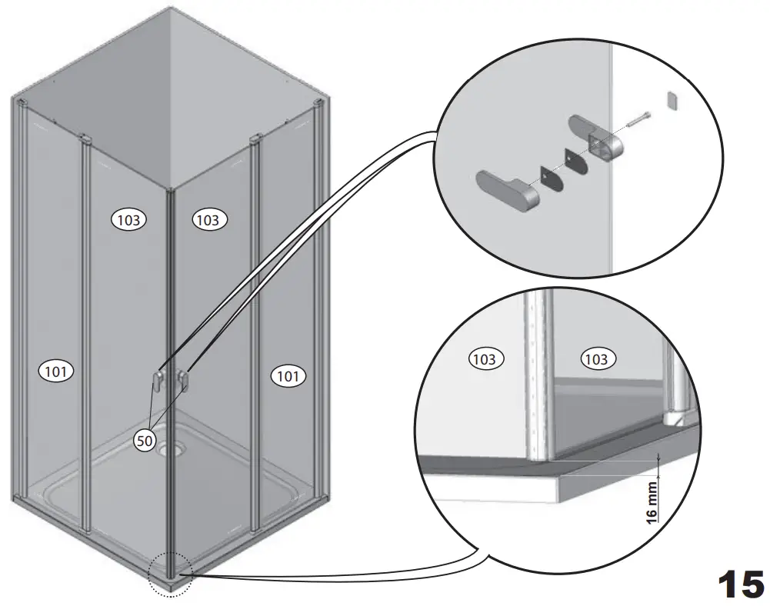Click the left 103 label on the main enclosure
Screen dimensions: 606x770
[x=129, y=220]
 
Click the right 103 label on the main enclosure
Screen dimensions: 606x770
[x=208, y=220]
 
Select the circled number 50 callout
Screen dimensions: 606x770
[x=145, y=441]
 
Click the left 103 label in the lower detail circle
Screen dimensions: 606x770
[x=485, y=358]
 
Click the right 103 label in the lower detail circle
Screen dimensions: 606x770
[x=596, y=359]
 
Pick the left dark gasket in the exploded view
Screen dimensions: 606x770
[x=548, y=178]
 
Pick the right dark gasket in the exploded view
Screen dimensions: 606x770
[x=575, y=160]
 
